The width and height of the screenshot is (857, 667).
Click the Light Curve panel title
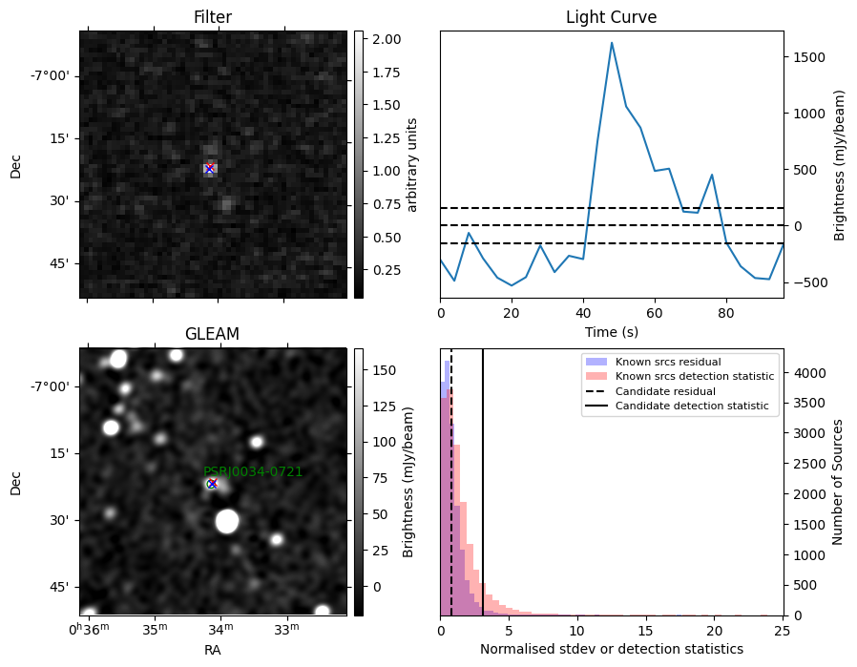[611, 17]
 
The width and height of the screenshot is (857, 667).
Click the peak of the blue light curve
[612, 43]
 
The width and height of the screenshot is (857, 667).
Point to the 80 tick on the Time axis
[726, 313]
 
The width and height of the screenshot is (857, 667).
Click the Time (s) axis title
[612, 331]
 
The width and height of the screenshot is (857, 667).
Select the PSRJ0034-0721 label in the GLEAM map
[253, 471]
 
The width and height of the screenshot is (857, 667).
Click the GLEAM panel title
[212, 334]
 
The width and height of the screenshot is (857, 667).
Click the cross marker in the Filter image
[209, 168]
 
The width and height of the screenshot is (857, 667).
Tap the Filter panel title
[213, 17]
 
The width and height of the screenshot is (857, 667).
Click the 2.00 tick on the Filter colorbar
[387, 39]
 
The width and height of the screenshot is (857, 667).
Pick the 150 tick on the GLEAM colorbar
[385, 370]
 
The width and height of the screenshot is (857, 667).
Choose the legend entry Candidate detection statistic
[692, 406]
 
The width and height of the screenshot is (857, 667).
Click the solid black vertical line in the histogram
[483, 483]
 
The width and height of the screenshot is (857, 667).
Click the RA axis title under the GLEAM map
[213, 650]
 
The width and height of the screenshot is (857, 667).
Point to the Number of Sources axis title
[837, 483]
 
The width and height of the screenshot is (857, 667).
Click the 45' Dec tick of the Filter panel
[62, 263]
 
